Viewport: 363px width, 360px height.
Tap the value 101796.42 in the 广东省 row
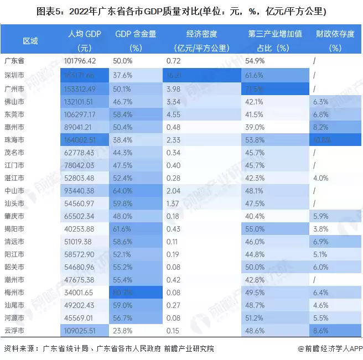pos(80,60)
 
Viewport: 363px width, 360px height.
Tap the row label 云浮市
pos(14,330)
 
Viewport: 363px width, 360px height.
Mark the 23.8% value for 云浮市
pos(122,330)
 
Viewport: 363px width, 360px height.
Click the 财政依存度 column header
pos(335,34)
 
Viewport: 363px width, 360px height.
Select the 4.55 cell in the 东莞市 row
pos(174,114)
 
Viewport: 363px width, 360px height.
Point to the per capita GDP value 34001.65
pos(80,291)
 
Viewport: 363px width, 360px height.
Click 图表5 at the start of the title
pos(49,11)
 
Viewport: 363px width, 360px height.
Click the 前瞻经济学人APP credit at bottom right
pos(330,348)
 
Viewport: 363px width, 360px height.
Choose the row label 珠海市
pos(14,140)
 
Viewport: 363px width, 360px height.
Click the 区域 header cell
pos(30,41)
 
